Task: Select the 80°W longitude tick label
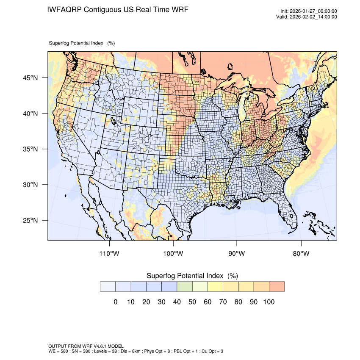tap(301, 254)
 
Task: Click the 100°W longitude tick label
tap(173, 254)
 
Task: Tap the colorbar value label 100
tap(269, 302)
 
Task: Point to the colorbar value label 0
tap(115, 302)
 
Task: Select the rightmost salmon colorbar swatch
tap(277, 287)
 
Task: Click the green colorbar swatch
tap(185, 287)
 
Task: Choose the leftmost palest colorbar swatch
tap(108, 287)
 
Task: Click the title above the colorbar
tap(192, 276)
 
